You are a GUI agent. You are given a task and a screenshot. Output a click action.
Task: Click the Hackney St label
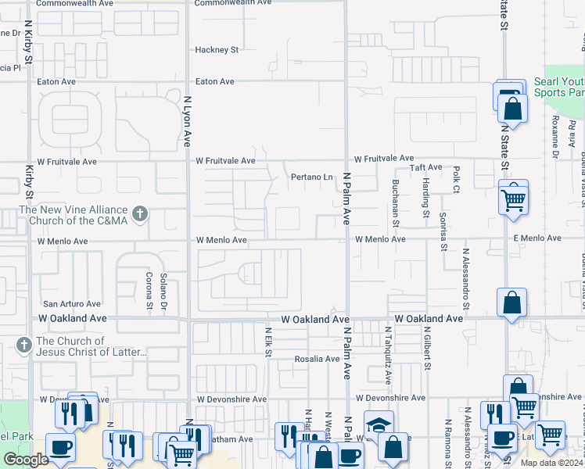217,50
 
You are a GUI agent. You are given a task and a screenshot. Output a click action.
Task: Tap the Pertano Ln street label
312,177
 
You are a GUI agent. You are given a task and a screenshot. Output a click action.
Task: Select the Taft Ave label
427,167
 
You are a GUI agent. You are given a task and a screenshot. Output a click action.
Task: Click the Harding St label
426,197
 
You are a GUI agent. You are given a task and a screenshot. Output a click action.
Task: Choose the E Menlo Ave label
537,238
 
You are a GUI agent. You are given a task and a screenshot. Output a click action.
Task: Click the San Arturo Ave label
71,304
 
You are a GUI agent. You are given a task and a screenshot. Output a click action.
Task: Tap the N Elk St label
267,343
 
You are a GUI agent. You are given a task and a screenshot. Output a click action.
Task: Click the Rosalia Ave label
317,360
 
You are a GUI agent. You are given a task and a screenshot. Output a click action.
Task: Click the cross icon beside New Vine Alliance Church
140,214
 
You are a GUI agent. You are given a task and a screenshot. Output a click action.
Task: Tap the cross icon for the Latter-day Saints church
24,345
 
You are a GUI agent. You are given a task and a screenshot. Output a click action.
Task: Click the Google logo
27,460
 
